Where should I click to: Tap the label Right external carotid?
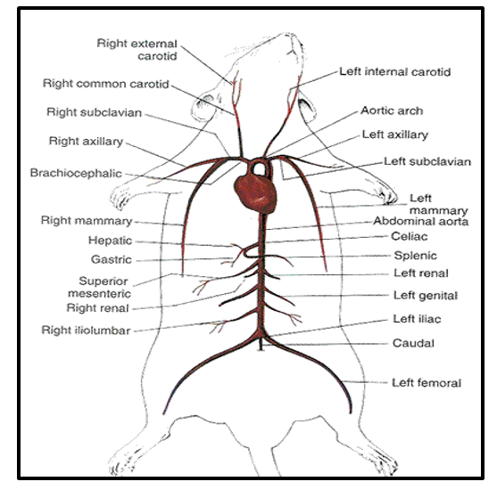tap(137, 50)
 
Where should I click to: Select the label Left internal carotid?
tap(395, 72)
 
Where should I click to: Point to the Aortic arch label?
tap(392, 110)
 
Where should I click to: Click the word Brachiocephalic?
tap(76, 173)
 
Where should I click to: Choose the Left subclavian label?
tap(427, 161)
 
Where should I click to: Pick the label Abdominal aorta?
tap(420, 221)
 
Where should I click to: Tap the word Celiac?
tap(410, 236)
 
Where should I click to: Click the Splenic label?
tap(415, 256)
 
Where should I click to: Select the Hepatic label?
tap(110, 241)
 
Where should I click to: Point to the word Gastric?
tap(112, 259)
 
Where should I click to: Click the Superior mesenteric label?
tap(99, 287)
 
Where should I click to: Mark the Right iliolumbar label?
tap(86, 331)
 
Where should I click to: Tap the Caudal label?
tap(413, 343)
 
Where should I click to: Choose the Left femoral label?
tap(427, 383)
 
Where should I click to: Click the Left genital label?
tap(426, 296)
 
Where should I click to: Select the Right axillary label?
tap(86, 142)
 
